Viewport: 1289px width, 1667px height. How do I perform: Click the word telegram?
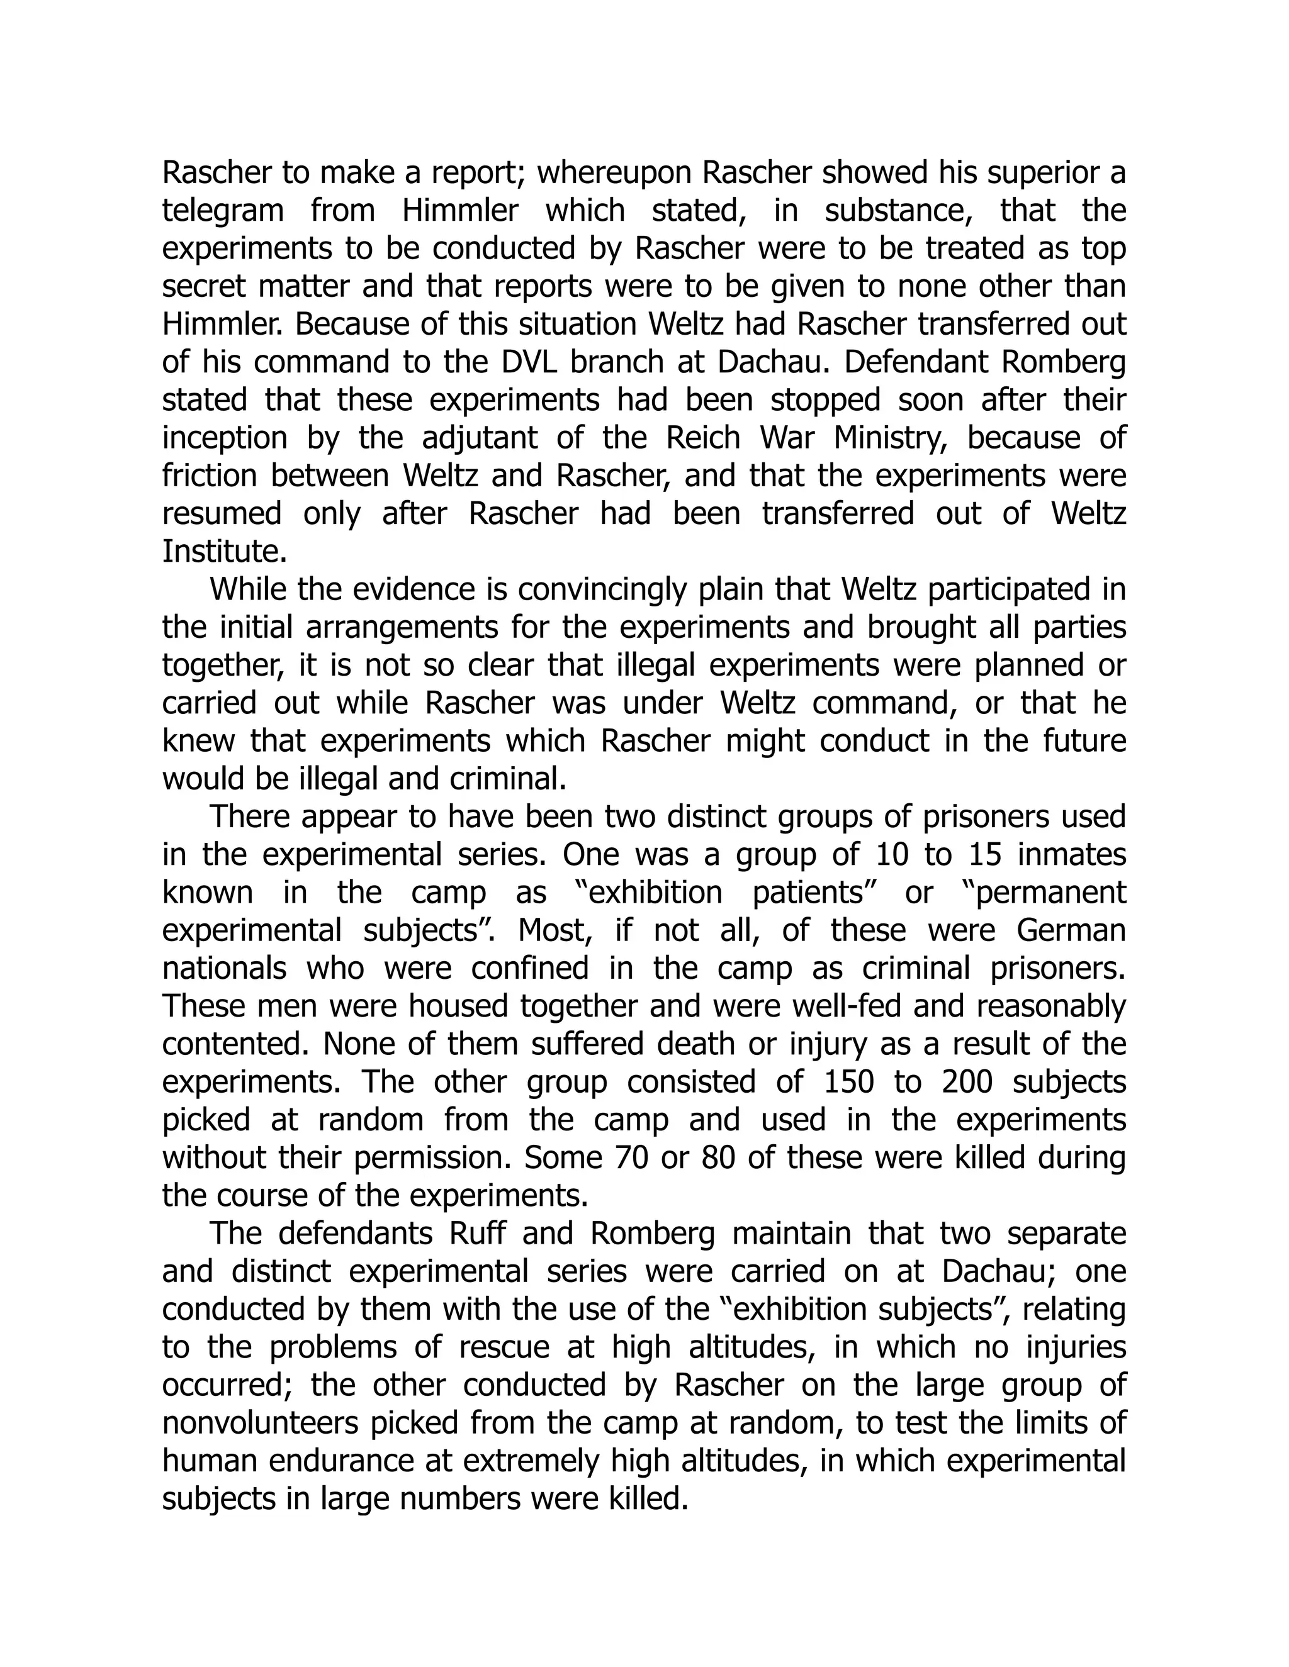(223, 211)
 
